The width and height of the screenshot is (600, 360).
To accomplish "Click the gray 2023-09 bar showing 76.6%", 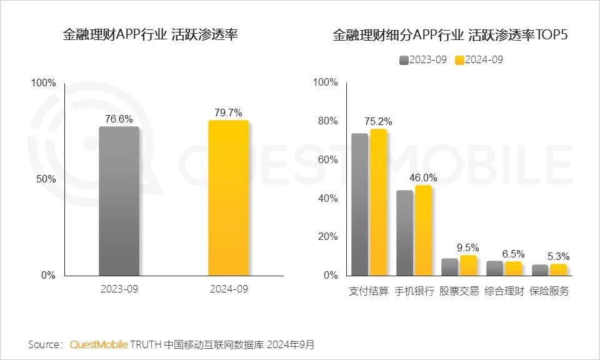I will tap(119, 201).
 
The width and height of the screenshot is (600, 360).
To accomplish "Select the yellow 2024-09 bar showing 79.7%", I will tap(228, 197).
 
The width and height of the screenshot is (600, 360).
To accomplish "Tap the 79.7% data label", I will tap(228, 112).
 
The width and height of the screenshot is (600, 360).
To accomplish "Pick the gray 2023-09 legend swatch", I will tap(404, 60).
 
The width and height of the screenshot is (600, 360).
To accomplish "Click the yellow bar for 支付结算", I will tap(378, 202).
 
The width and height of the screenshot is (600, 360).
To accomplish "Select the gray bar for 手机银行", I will tap(405, 232).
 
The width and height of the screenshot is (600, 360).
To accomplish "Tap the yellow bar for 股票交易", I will tap(468, 265).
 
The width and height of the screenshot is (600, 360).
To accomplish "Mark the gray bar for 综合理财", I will tap(495, 268).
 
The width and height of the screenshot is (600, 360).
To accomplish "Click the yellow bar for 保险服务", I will tap(558, 269).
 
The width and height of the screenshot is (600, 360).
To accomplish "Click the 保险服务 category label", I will tap(549, 291).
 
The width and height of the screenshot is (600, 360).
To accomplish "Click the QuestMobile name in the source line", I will tap(99, 344).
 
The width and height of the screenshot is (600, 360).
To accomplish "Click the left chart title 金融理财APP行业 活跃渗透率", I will tap(150, 35).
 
